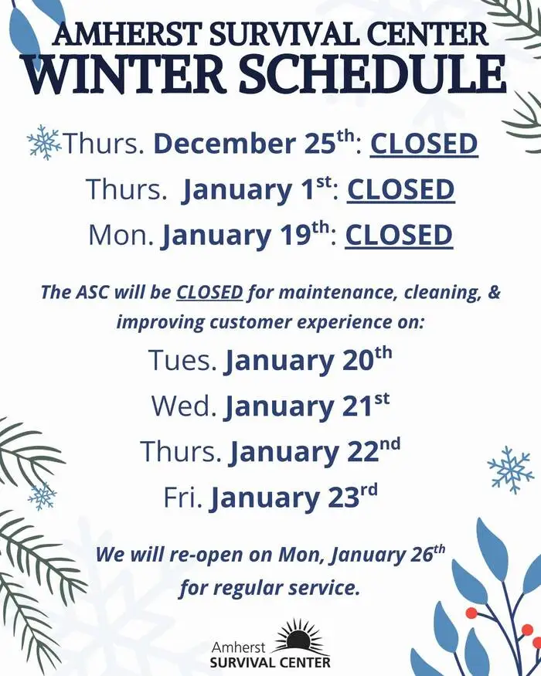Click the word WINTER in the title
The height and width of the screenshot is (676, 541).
coord(128,75)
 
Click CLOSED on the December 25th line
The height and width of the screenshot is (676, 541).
coord(424,144)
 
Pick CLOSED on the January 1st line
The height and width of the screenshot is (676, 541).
coord(400,190)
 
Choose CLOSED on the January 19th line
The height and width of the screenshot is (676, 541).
coord(398,236)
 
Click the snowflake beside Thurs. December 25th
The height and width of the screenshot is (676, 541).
coord(43,142)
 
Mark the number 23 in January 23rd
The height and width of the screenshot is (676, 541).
coord(343,498)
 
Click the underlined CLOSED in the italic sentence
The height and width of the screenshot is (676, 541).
coord(209,293)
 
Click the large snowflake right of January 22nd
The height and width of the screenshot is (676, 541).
coord(510,469)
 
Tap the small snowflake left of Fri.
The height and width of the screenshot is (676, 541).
coord(43,495)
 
